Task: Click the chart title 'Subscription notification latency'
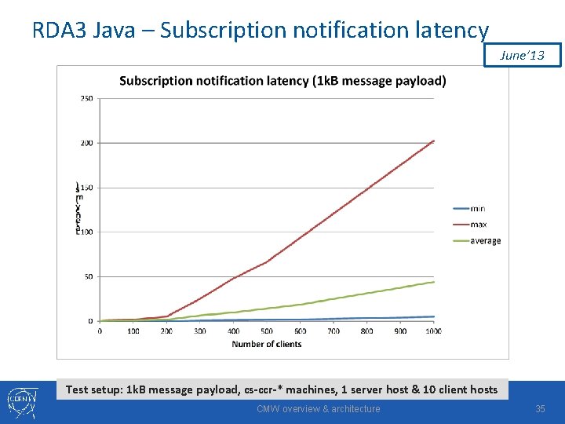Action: pos(282,80)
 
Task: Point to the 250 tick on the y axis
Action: pos(86,98)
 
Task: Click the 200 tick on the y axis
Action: pos(86,143)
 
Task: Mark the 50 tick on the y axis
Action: pos(88,276)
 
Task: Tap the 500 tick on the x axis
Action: pos(267,331)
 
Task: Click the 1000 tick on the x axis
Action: pos(433,331)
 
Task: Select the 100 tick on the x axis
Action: pos(133,331)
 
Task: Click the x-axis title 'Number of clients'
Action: pos(267,344)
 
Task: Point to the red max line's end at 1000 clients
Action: pos(434,141)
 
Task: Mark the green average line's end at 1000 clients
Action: pos(434,282)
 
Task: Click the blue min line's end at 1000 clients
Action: pos(434,316)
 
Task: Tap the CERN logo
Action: pos(20,402)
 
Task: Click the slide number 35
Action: pos(540,409)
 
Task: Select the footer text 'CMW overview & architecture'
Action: pos(319,409)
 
